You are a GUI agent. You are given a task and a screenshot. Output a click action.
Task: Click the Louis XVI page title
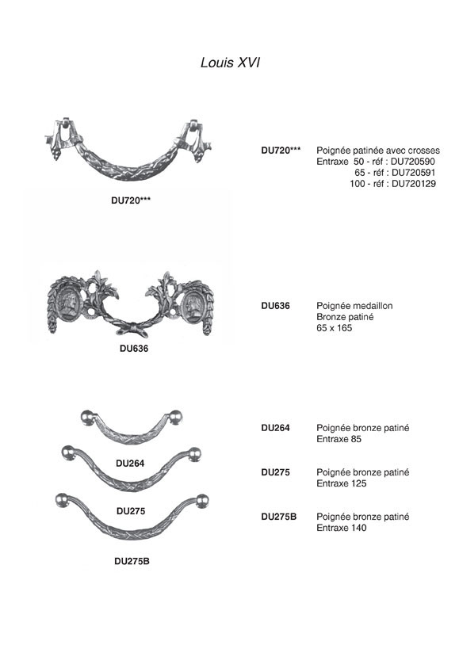[x=230, y=63]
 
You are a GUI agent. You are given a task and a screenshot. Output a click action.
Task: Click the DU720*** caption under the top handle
[x=131, y=200]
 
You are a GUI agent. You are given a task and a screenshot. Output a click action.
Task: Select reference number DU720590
[x=413, y=162]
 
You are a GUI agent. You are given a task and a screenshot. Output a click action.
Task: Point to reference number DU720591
[x=414, y=173]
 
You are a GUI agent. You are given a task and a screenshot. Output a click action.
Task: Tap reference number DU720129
[x=414, y=184]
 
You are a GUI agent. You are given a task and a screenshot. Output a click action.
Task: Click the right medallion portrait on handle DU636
[x=193, y=307]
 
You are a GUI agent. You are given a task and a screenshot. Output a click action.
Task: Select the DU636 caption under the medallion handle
[x=134, y=349]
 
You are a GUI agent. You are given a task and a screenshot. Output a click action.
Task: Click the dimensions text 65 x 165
[x=334, y=328]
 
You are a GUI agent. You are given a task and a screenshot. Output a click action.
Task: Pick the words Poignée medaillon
[x=354, y=306]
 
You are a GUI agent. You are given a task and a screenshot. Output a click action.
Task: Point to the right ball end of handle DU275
[x=194, y=454]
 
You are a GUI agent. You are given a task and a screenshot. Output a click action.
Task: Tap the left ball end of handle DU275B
[x=63, y=500]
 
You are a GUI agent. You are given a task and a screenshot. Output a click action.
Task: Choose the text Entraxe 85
[x=339, y=439]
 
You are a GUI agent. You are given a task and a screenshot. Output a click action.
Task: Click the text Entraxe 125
[x=342, y=483]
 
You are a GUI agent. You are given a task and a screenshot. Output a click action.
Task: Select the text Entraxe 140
[x=342, y=528]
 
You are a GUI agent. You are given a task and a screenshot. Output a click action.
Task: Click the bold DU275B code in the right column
[x=278, y=517]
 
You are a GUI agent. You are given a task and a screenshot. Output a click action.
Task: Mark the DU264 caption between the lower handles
[x=130, y=464]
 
